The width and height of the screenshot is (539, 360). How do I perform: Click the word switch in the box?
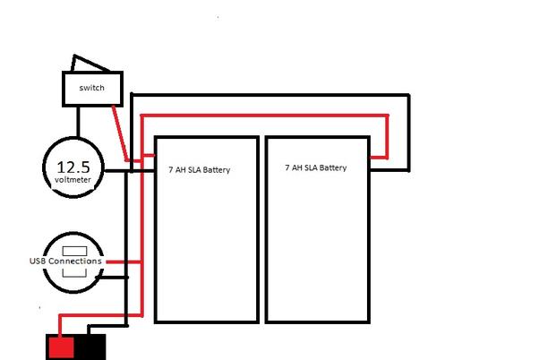coord(92,88)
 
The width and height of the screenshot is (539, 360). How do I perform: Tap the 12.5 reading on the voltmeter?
coord(73,167)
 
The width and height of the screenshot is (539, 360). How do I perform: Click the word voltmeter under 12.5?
coord(73,180)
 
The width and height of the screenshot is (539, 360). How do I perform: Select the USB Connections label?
coord(65,261)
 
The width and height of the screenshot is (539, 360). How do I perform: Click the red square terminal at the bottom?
coord(61,347)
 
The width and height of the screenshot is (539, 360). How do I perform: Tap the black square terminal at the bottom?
coord(90,347)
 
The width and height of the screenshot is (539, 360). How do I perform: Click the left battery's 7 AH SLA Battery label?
coord(200,170)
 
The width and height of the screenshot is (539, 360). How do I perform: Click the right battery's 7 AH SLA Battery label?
coord(316,167)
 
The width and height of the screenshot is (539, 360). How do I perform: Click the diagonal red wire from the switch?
coord(120,133)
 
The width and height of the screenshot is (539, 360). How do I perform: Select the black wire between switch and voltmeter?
coord(78,122)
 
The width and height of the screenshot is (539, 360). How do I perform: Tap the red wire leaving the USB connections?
coord(124,262)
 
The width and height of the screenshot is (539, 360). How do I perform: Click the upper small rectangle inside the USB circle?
coord(74,251)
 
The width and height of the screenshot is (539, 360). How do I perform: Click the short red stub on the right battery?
coord(379,158)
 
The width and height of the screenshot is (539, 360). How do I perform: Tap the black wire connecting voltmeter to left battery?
coord(129,170)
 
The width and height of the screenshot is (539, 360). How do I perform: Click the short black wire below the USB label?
coord(112,277)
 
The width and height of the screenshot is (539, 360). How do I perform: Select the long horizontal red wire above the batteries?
coord(265,116)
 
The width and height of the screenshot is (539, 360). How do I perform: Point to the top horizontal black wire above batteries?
coord(270,95)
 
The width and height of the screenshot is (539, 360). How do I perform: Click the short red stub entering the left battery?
coord(149,156)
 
